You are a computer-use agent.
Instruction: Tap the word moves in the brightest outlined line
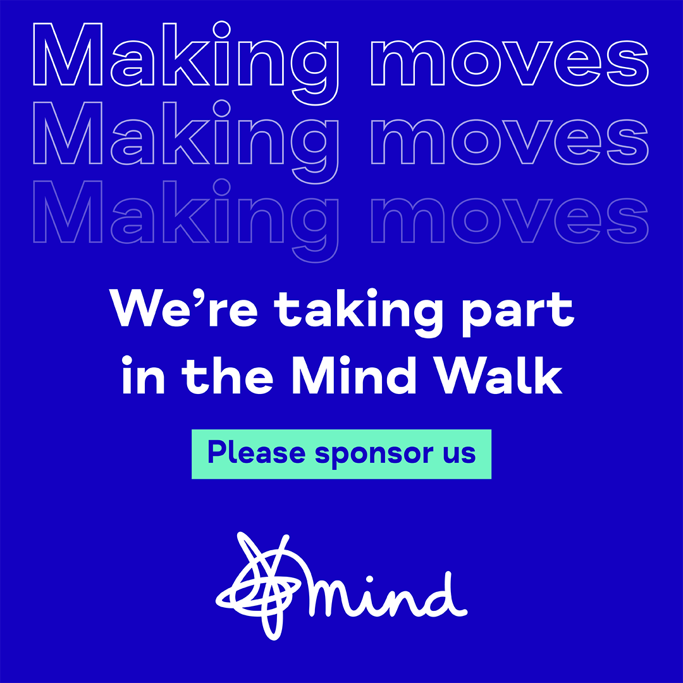click(x=510, y=63)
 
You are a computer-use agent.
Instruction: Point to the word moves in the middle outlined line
click(x=510, y=142)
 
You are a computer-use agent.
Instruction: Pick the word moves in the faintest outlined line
click(x=510, y=221)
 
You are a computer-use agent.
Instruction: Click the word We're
click(x=184, y=309)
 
